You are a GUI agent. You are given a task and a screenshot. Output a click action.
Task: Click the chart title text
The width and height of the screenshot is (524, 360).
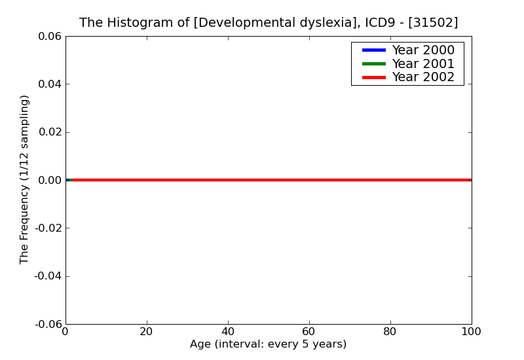point(269,23)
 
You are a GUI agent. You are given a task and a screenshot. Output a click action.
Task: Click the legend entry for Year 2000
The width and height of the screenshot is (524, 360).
point(423,50)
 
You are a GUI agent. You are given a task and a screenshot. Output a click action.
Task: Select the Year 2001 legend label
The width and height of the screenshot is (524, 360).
point(423,63)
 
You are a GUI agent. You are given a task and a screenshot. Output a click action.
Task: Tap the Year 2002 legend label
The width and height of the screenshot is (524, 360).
point(423,77)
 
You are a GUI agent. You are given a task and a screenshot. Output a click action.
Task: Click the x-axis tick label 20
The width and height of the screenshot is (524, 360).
point(147,332)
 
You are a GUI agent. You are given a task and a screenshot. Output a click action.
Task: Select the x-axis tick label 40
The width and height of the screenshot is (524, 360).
point(228,332)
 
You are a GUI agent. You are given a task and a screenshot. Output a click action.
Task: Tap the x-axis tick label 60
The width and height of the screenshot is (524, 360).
point(309,332)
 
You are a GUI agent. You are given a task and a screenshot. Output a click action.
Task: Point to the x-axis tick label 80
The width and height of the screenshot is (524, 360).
point(390,332)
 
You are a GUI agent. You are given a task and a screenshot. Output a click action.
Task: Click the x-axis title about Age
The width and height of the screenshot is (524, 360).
point(269,344)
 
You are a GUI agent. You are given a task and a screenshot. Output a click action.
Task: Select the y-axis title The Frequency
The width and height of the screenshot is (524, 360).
point(25,179)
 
